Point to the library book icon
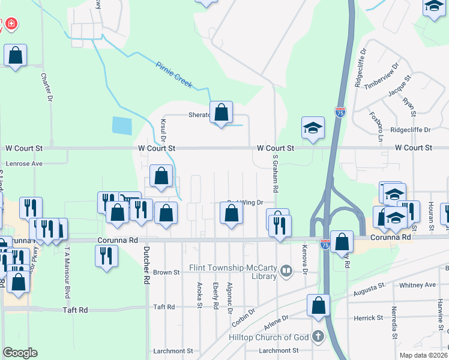coord(287,272)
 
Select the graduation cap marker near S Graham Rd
coord(312,128)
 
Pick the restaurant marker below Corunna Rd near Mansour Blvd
coord(106,256)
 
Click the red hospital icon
coord(11,25)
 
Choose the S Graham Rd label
coord(276,174)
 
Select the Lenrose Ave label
coord(25,163)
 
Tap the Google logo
coord(19,353)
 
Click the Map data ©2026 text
coord(423,355)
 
